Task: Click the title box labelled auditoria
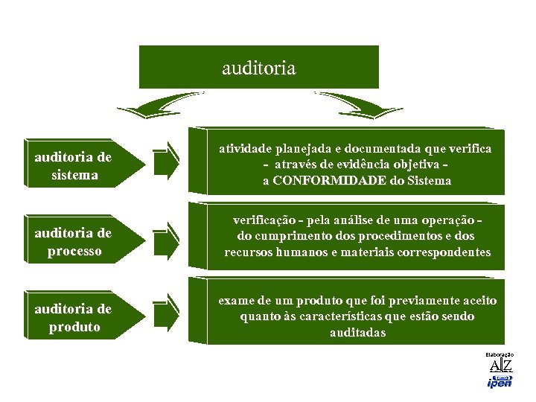[x=258, y=68]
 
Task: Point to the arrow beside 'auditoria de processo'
[x=166, y=239]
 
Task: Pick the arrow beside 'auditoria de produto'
[x=166, y=313]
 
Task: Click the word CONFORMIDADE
[x=328, y=180]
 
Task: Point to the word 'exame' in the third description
[x=235, y=300]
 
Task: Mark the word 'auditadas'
[x=357, y=333]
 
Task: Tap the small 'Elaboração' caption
[x=499, y=355]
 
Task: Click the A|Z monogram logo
[x=500, y=366]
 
